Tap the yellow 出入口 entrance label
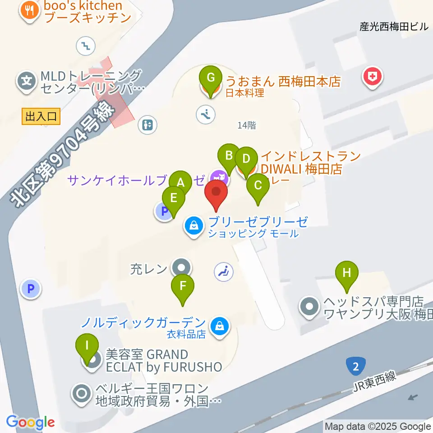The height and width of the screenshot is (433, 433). [41, 117]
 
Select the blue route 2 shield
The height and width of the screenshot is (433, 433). [356, 366]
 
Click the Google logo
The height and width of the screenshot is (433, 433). [30, 423]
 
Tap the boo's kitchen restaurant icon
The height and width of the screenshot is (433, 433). [30, 11]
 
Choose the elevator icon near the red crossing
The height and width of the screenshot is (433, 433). [147, 124]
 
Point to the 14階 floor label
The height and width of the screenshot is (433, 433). [247, 126]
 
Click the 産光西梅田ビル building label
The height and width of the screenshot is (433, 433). [393, 27]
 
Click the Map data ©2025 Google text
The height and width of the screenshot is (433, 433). [378, 426]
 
